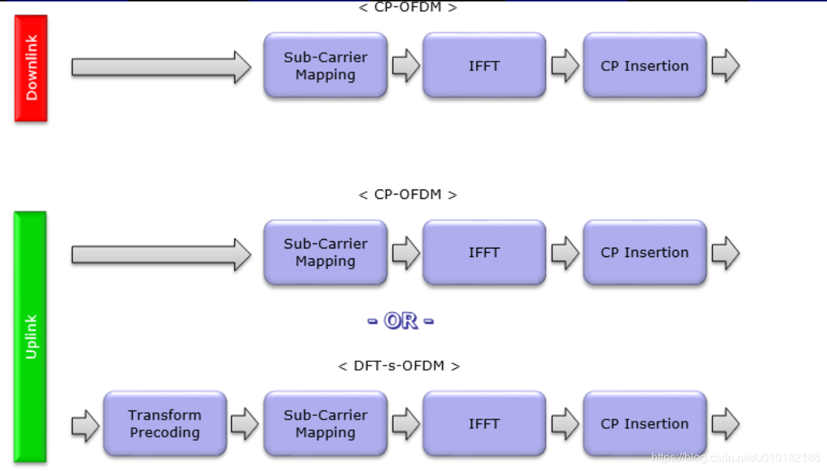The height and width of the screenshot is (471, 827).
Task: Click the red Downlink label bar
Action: (x=31, y=68)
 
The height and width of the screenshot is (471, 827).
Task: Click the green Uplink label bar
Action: (x=30, y=337)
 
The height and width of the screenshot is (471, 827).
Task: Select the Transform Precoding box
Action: (x=165, y=424)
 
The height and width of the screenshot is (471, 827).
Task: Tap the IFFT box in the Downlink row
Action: (x=484, y=65)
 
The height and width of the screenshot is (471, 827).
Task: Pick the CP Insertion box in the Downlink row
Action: (x=645, y=65)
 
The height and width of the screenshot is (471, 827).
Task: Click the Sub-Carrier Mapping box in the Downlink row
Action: (x=326, y=65)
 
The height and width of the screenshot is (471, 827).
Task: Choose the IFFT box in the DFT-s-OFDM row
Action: (x=484, y=424)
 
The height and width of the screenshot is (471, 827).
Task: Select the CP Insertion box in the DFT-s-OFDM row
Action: (x=645, y=424)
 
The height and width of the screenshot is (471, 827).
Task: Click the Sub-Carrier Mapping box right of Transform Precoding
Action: (x=326, y=424)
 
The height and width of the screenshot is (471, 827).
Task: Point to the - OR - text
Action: (x=401, y=320)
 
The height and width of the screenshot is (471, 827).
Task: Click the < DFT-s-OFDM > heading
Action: (x=399, y=366)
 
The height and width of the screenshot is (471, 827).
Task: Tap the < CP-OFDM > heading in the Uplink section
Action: (x=407, y=195)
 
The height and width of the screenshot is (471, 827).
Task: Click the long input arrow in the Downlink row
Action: (x=161, y=67)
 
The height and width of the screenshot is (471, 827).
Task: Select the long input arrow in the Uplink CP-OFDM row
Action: (x=161, y=254)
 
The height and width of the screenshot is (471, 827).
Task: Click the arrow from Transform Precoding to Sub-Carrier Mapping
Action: (x=245, y=424)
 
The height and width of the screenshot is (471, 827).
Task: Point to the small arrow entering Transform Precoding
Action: (x=85, y=425)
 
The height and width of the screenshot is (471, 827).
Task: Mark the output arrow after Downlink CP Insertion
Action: (x=726, y=65)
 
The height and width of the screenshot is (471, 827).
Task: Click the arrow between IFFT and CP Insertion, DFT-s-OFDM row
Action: (x=565, y=424)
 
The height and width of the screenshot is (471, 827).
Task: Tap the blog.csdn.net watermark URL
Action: (x=736, y=458)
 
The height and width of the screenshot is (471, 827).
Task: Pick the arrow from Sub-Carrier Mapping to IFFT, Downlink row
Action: (x=406, y=65)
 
